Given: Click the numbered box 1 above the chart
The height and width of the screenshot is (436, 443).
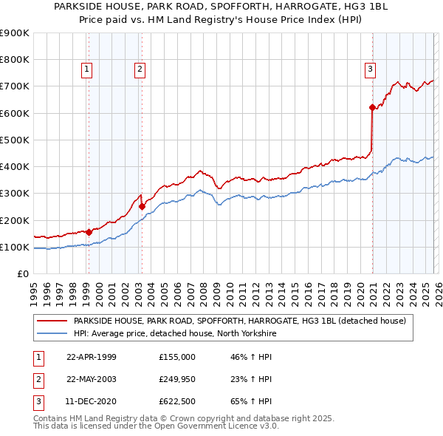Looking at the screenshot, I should (87, 70).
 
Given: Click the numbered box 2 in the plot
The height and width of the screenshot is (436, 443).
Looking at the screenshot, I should (140, 70).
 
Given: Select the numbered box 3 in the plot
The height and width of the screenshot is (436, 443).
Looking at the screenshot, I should (370, 70).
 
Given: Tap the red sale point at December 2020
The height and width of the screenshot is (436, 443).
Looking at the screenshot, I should (372, 107).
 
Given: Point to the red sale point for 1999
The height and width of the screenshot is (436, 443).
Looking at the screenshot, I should (89, 232).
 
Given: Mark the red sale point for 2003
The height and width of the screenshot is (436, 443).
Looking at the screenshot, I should (142, 207).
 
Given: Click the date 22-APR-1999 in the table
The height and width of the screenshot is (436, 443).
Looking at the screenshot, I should (91, 356).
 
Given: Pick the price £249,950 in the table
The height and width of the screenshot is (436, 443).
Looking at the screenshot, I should (177, 379).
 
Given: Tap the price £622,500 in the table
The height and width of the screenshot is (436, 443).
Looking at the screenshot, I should (177, 402).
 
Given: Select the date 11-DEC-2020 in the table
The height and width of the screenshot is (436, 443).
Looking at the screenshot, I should (91, 402).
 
